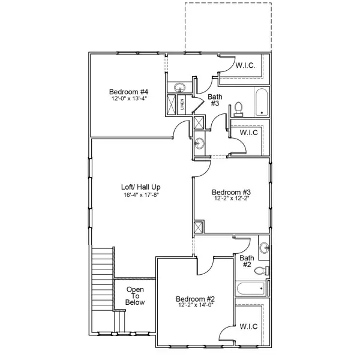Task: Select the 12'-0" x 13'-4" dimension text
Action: (128, 98)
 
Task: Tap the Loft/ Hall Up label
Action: (140, 187)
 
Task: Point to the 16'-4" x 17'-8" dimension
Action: (140, 194)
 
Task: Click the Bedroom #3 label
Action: (230, 193)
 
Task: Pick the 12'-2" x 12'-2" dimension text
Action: (230, 199)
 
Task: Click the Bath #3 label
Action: (215, 100)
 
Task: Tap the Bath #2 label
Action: (246, 262)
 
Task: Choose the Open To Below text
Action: (135, 296)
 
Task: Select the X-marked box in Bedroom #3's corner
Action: (198, 227)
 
